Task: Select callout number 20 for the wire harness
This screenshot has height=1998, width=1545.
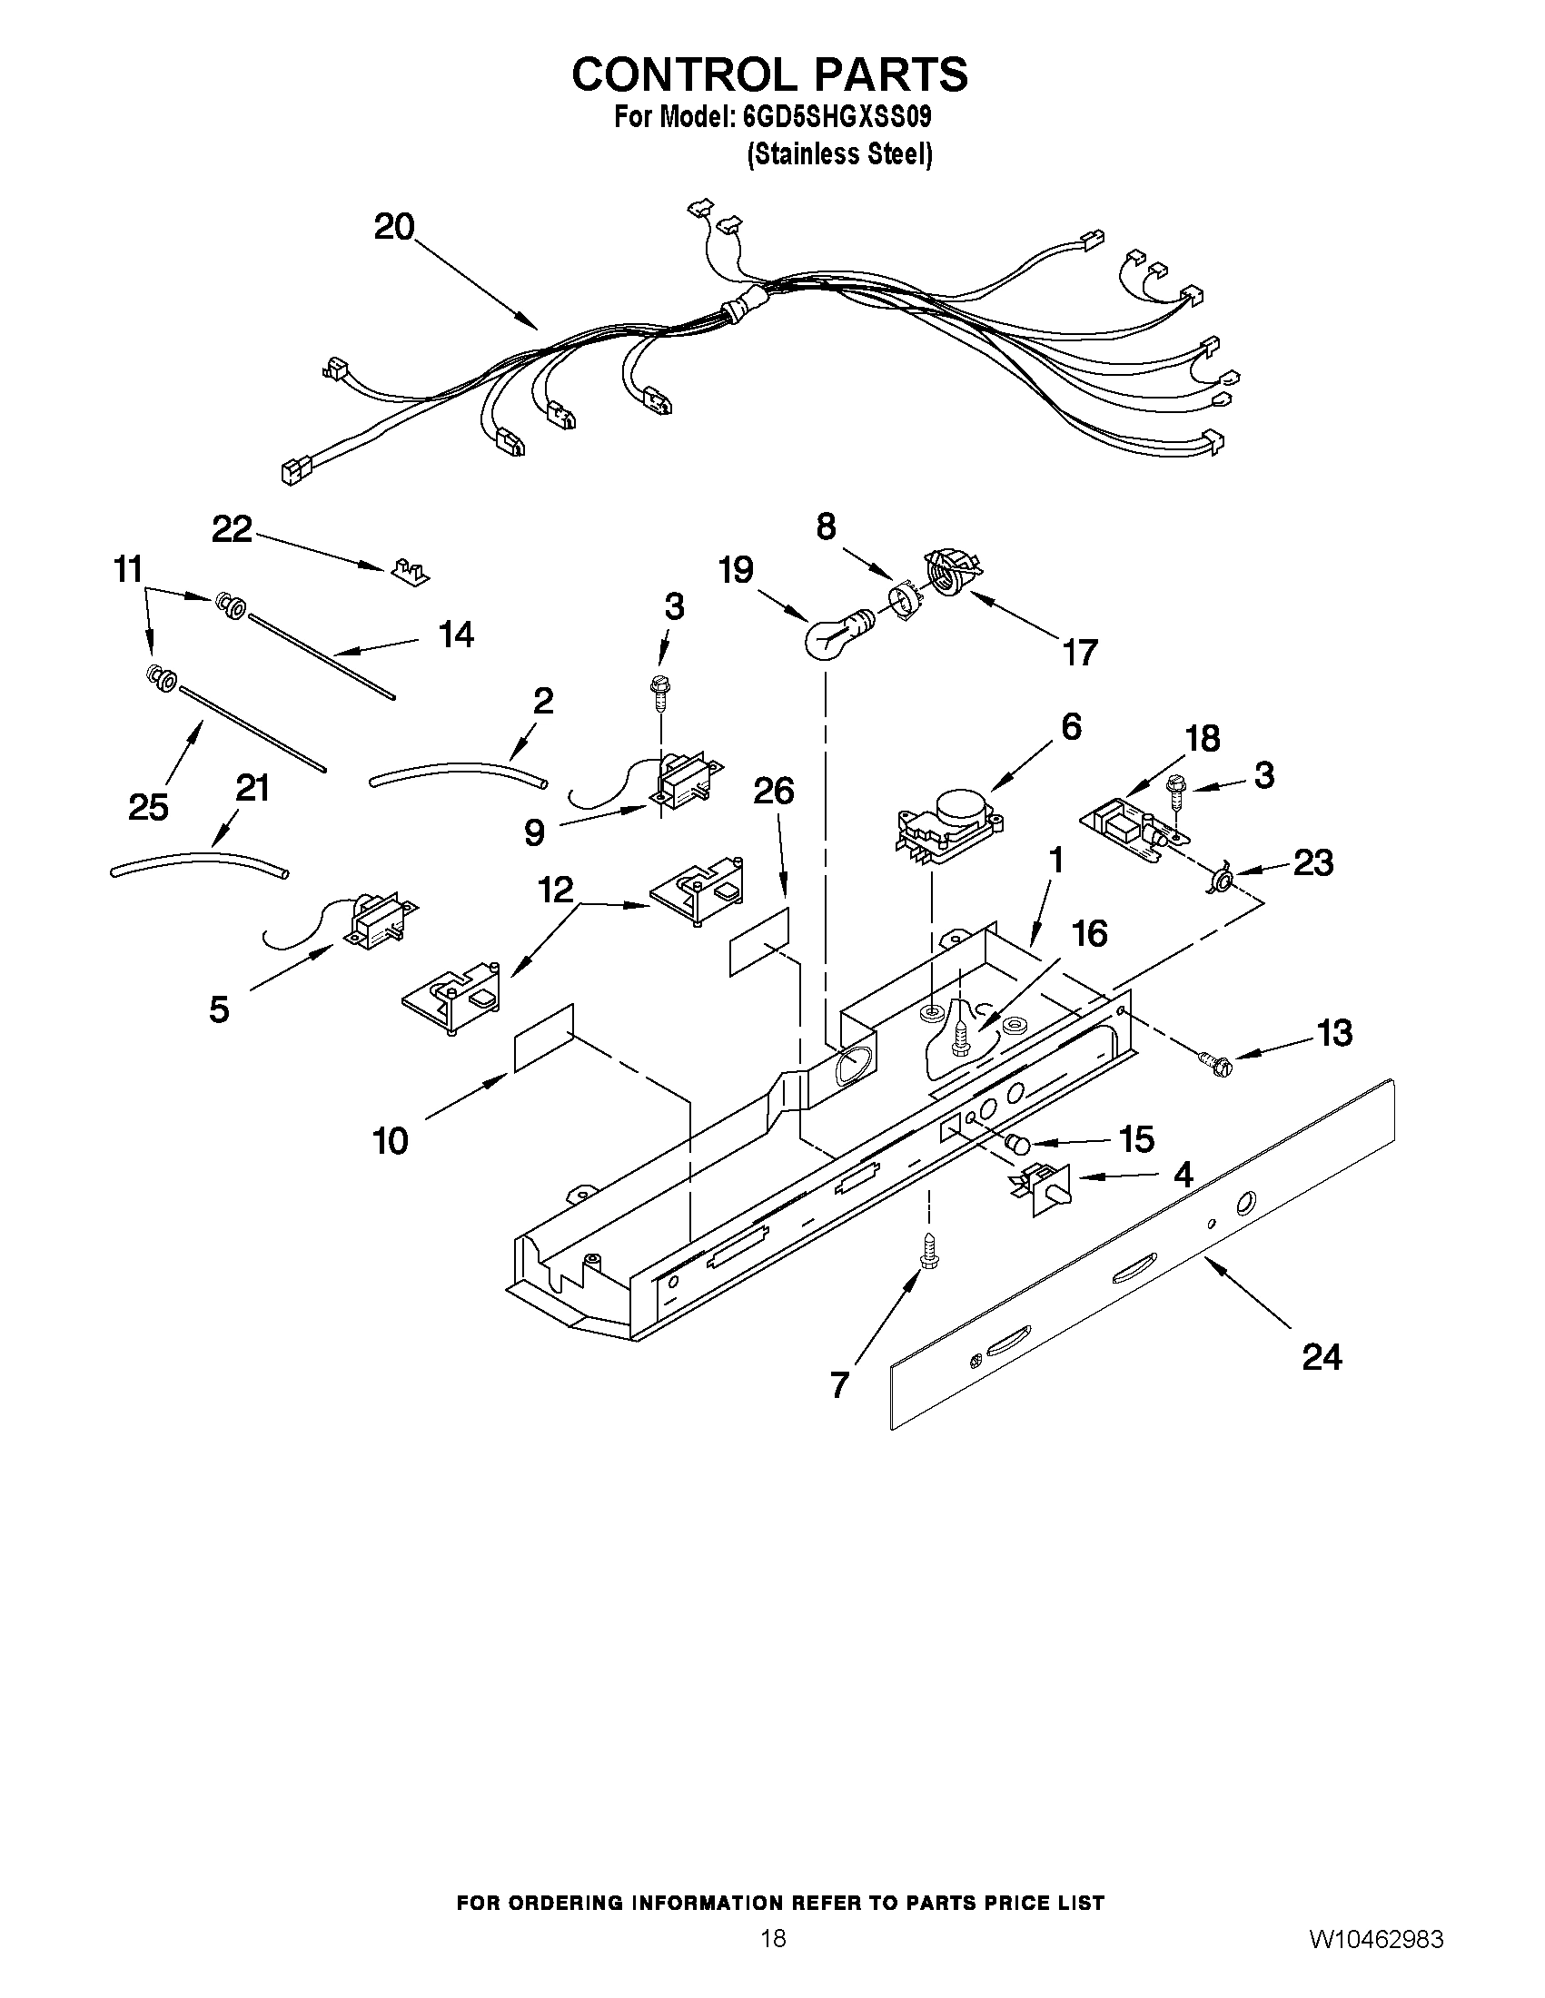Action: (394, 227)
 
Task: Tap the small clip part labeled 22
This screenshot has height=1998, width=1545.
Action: (409, 573)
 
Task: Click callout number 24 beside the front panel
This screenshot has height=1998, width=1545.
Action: (1322, 1357)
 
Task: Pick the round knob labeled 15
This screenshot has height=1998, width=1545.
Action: (1017, 1144)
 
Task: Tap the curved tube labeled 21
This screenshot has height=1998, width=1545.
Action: (199, 864)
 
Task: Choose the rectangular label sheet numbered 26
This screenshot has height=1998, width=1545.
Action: (758, 942)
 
